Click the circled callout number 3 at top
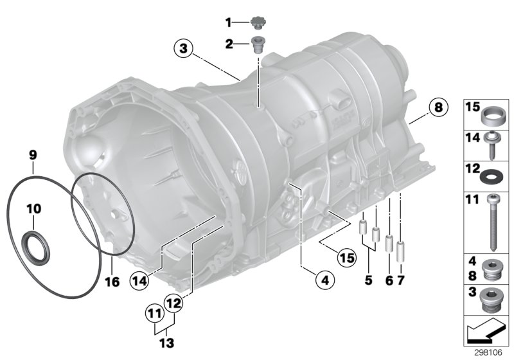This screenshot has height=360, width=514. click(183, 48)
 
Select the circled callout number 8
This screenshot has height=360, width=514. click(437, 107)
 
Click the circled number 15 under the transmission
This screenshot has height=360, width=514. click(346, 258)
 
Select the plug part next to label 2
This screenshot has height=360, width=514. click(260, 45)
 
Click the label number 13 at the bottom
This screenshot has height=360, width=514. click(166, 343)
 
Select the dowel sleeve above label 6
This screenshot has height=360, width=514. click(389, 245)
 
